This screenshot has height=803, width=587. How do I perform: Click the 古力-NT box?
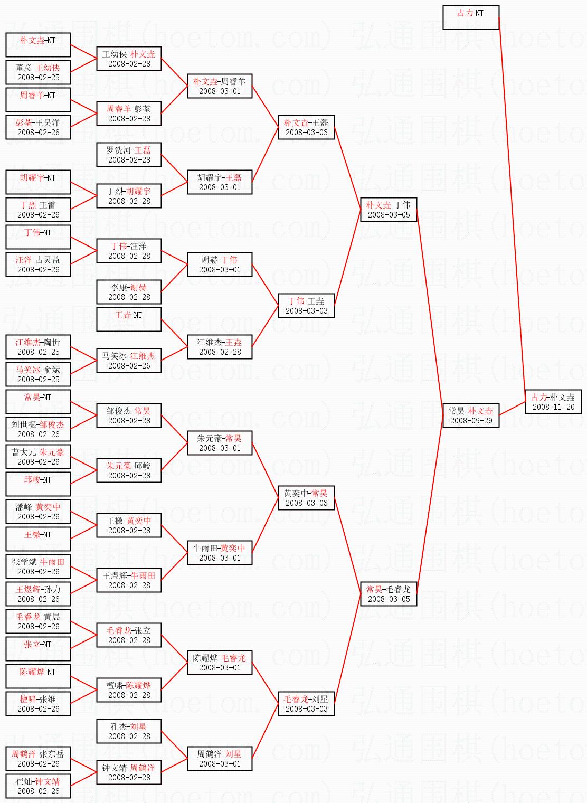point(470,17)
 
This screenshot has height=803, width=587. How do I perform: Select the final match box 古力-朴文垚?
point(553,402)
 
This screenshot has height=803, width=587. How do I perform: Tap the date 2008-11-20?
point(553,407)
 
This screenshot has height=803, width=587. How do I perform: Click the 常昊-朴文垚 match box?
point(470,415)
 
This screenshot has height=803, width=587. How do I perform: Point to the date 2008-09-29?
point(471,421)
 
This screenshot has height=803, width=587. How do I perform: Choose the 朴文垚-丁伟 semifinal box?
point(388,210)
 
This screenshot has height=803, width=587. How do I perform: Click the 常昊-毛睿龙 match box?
point(388,594)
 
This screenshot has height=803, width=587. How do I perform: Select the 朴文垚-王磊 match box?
point(306,127)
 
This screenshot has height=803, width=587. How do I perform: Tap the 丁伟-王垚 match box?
point(306,306)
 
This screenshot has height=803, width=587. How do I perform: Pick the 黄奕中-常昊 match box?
point(306,498)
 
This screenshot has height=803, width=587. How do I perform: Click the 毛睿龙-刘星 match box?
point(306,704)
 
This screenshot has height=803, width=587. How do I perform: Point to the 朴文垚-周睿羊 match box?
point(220,86)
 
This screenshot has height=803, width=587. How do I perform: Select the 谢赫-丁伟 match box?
point(220,264)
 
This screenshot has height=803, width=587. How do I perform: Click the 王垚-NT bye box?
point(129,319)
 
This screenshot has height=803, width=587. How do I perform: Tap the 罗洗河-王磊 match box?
point(129,155)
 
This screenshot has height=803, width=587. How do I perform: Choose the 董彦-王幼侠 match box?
point(38,72)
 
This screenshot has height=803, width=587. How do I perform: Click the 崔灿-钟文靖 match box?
point(38,786)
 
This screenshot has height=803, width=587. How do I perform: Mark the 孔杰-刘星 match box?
point(129,731)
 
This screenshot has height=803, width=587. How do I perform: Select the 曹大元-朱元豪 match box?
point(38,457)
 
